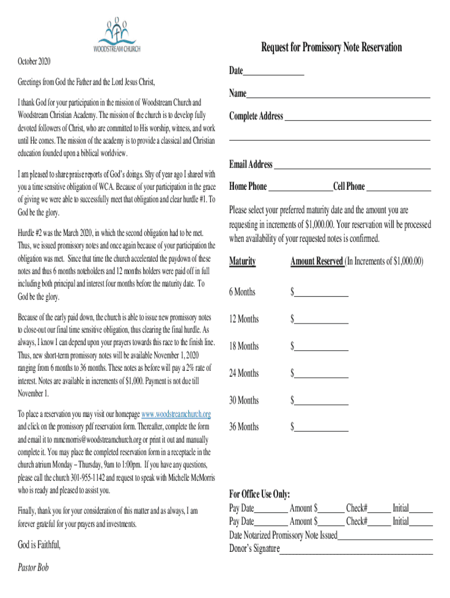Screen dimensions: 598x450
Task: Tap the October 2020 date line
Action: pos(34,61)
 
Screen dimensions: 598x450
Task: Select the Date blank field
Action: pos(274,74)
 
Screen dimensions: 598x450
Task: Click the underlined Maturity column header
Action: pos(243,261)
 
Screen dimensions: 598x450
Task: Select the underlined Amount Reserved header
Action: pos(317,261)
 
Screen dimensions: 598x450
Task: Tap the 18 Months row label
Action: pos(244,346)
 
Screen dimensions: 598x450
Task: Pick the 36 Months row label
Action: pos(244,427)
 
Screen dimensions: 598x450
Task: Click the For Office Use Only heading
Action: pos(259,495)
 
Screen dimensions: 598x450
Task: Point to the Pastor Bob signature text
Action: pos(33,568)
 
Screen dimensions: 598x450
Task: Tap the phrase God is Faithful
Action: pos(39,545)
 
